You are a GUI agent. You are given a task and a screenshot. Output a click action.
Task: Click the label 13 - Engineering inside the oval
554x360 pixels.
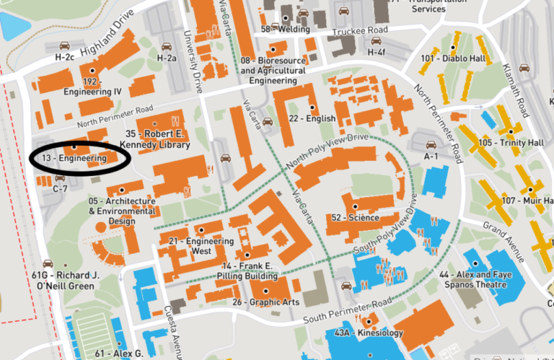coord(73,157)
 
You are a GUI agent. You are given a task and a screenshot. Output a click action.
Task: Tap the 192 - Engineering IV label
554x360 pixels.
coord(92,87)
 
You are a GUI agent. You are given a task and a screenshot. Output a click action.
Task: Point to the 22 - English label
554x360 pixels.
coord(312,118)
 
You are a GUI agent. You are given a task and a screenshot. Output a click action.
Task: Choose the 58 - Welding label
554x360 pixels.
coord(286,29)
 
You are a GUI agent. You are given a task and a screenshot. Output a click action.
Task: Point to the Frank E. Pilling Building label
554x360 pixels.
coord(247,271)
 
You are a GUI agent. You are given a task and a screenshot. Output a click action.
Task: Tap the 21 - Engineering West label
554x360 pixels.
coord(191,246)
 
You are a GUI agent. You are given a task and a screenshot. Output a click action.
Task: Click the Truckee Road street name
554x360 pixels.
coord(355,32)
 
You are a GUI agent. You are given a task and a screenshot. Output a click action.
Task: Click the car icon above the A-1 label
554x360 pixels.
coord(431,145)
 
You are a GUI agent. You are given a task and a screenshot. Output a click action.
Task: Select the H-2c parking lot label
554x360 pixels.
coord(64,56)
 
